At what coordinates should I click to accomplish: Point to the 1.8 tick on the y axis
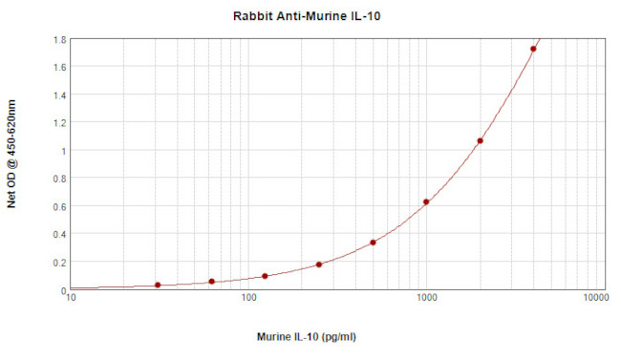tap(60, 40)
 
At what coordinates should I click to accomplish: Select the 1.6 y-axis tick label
tap(60, 68)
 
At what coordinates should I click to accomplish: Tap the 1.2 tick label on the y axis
tap(60, 123)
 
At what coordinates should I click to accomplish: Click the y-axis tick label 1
tap(63, 151)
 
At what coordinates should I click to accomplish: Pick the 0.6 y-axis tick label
tap(60, 207)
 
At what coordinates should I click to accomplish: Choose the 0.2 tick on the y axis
tap(60, 263)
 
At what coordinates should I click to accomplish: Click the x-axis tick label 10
tap(71, 299)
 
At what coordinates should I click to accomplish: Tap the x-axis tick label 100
tap(248, 299)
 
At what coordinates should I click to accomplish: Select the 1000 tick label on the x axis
tap(426, 299)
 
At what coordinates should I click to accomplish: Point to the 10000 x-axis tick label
tap(596, 299)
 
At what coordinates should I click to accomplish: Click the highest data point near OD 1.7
tap(533, 49)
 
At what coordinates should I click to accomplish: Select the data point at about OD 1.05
tap(480, 141)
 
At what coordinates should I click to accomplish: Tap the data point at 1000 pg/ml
tap(426, 201)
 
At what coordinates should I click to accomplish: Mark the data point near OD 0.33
tap(373, 243)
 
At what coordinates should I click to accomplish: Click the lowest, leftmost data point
tap(158, 285)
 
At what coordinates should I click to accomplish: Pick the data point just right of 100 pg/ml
tap(265, 276)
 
